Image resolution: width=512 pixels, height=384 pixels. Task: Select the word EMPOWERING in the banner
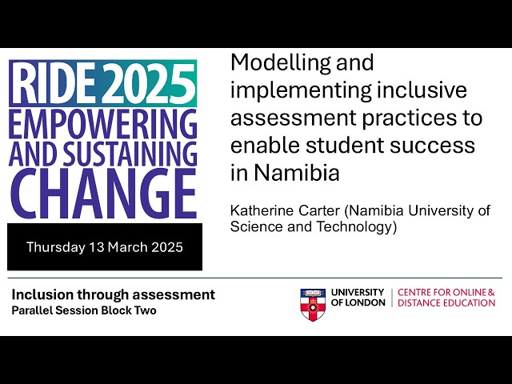(x=103, y=123)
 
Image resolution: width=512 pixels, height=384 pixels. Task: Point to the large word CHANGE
(x=103, y=191)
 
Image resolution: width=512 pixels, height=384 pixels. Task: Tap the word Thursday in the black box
(x=55, y=246)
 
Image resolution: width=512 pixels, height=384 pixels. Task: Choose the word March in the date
(x=126, y=246)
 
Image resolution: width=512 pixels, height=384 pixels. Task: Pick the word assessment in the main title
(x=281, y=118)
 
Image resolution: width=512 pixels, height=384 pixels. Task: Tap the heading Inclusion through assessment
(x=113, y=294)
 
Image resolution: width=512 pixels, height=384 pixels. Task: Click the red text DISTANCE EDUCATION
(x=446, y=303)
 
